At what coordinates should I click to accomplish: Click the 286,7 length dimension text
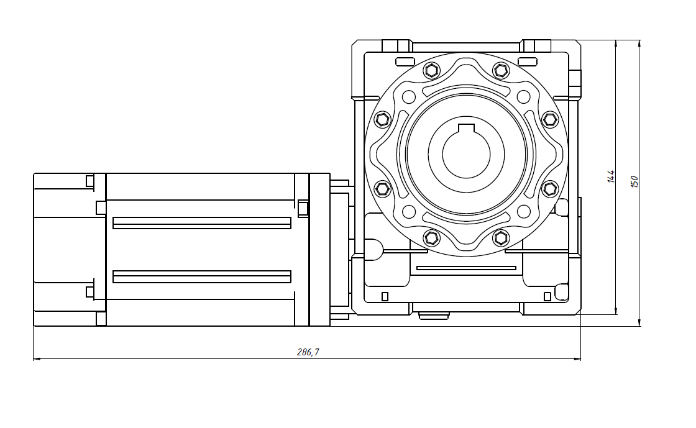(x=308, y=352)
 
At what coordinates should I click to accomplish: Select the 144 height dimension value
(x=611, y=176)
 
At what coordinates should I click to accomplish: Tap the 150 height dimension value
(x=634, y=181)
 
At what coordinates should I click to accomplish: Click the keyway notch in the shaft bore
(x=466, y=128)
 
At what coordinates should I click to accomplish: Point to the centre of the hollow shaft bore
(x=466, y=154)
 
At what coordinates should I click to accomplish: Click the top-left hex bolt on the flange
(x=431, y=70)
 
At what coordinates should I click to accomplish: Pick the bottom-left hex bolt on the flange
(x=431, y=238)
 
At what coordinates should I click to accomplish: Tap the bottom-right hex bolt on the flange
(x=501, y=238)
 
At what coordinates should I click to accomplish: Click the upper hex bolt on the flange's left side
(x=382, y=119)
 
